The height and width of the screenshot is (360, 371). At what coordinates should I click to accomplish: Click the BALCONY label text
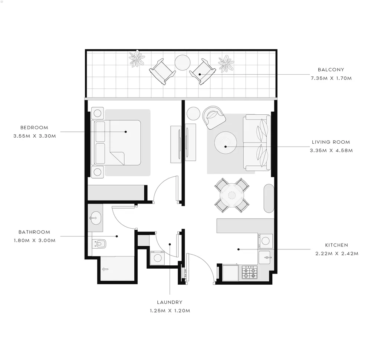coord(331,70)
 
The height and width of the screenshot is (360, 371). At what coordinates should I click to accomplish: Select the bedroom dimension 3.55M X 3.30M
coord(35,136)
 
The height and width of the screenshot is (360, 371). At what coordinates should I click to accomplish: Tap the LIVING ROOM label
coord(331,142)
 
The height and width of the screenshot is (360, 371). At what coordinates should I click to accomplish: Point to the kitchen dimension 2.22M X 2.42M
coord(337,254)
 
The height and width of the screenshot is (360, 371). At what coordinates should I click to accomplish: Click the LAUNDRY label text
coord(170,302)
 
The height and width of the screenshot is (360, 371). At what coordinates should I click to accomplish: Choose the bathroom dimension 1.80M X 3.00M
coord(35,240)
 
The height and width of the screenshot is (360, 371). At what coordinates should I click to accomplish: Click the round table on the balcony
coord(183,62)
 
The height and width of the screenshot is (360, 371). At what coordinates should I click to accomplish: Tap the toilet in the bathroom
coord(99,243)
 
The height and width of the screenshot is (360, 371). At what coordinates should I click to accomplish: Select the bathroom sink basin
coord(95,218)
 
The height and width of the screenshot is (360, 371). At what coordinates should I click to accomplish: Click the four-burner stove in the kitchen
coord(249,272)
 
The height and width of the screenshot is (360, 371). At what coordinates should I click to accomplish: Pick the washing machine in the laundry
coord(158,258)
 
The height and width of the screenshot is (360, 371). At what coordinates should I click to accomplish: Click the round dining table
coord(232,195)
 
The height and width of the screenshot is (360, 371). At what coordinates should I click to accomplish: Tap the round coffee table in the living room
coord(226,143)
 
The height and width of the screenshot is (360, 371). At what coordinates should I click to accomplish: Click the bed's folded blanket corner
coord(117,158)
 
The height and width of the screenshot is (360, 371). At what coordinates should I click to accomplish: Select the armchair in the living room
coord(214,117)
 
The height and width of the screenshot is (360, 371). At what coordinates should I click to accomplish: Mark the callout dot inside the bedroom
coord(126,132)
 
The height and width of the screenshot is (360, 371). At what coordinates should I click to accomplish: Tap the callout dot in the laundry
coord(170,244)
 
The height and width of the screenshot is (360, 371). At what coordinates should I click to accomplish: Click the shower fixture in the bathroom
coord(105,269)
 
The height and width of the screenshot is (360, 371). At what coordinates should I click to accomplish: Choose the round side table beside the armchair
coord(193,113)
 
